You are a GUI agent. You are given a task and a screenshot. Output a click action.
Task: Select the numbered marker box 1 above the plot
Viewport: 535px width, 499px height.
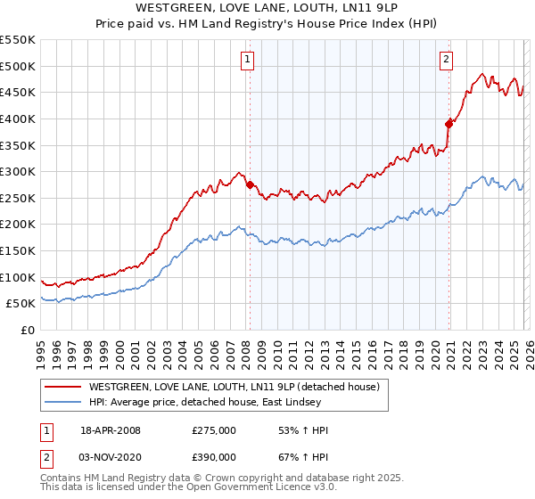[x=246, y=60]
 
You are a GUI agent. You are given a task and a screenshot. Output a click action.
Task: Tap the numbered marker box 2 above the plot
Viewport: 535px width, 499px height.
[x=446, y=60]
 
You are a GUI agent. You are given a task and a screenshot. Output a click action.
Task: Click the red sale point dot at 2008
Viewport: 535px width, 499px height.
[x=250, y=185]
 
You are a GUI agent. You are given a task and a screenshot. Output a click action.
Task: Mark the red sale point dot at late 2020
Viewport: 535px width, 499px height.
[x=449, y=124]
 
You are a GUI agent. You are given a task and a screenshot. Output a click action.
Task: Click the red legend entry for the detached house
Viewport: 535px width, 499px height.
[x=235, y=387]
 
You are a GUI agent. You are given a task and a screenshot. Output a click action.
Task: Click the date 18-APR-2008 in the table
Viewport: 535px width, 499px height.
[x=111, y=430]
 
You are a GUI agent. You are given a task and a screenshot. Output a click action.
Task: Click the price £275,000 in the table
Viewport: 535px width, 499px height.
[x=214, y=430]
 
